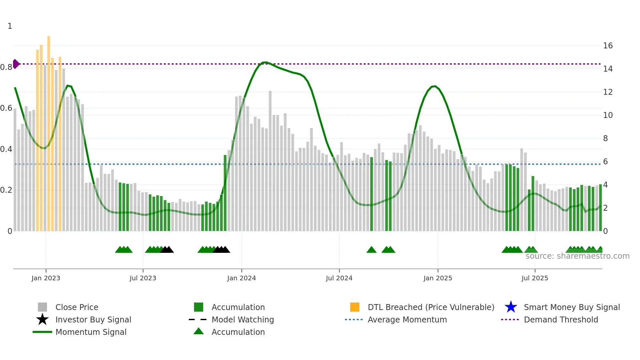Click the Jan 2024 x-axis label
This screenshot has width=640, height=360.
[241, 278]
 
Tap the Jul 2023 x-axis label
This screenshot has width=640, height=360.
[143, 278]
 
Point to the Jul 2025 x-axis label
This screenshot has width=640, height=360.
[535, 278]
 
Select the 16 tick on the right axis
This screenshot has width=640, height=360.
[608, 46]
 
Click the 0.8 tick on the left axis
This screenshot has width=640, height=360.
[6, 67]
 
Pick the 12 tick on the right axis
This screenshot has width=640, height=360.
[608, 92]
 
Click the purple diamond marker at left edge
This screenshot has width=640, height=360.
[16, 64]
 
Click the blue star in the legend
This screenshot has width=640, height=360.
[511, 307]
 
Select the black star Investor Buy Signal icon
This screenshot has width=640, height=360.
[42, 319]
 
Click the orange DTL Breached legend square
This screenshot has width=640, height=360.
[355, 307]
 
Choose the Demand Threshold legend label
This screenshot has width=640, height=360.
[561, 319]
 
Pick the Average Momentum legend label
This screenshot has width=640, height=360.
[407, 319]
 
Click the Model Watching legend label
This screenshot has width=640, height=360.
[243, 319]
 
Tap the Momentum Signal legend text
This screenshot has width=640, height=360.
[91, 332]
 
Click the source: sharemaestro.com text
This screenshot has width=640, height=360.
[577, 256]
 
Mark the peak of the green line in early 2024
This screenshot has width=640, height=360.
[265, 62]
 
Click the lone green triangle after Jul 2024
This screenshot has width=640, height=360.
[371, 250]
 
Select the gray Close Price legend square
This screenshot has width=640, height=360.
[42, 307]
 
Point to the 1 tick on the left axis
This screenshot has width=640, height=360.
[10, 26]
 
